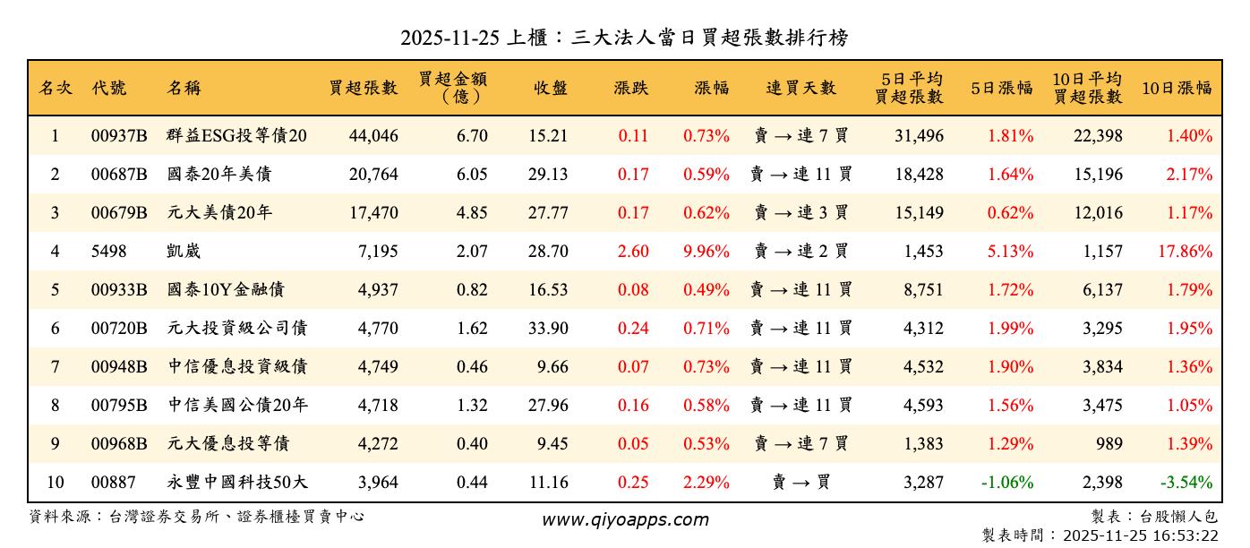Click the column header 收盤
pyautogui.click(x=550, y=88)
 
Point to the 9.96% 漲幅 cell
pyautogui.click(x=706, y=252)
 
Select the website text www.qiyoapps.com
pyautogui.click(x=624, y=519)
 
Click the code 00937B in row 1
pyautogui.click(x=118, y=136)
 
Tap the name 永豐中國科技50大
pyautogui.click(x=237, y=483)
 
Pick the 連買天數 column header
pyautogui.click(x=801, y=88)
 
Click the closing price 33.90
pyautogui.click(x=547, y=329)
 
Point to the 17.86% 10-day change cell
pyautogui.click(x=1185, y=252)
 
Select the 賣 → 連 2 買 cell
pyautogui.click(x=801, y=252)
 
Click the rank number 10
pyautogui.click(x=55, y=483)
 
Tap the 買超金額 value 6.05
pyautogui.click(x=472, y=175)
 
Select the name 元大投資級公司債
pyautogui.click(x=237, y=329)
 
